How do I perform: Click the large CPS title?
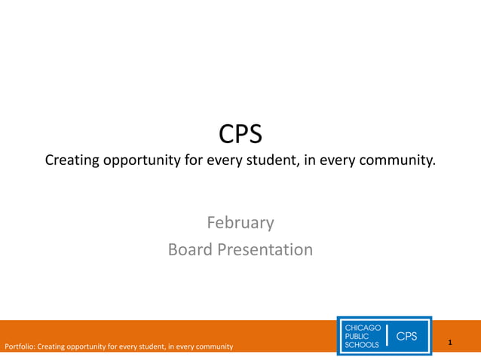point(240,134)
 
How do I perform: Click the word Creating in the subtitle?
point(73,160)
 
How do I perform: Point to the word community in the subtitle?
point(400,160)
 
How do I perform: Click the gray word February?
point(240,222)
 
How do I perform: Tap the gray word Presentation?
point(265,249)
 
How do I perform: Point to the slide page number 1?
point(449,343)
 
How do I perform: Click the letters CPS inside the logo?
point(407,336)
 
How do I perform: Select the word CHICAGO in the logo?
point(363,328)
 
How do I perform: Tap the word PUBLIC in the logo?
point(357,336)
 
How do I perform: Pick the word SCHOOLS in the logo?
point(363,344)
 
